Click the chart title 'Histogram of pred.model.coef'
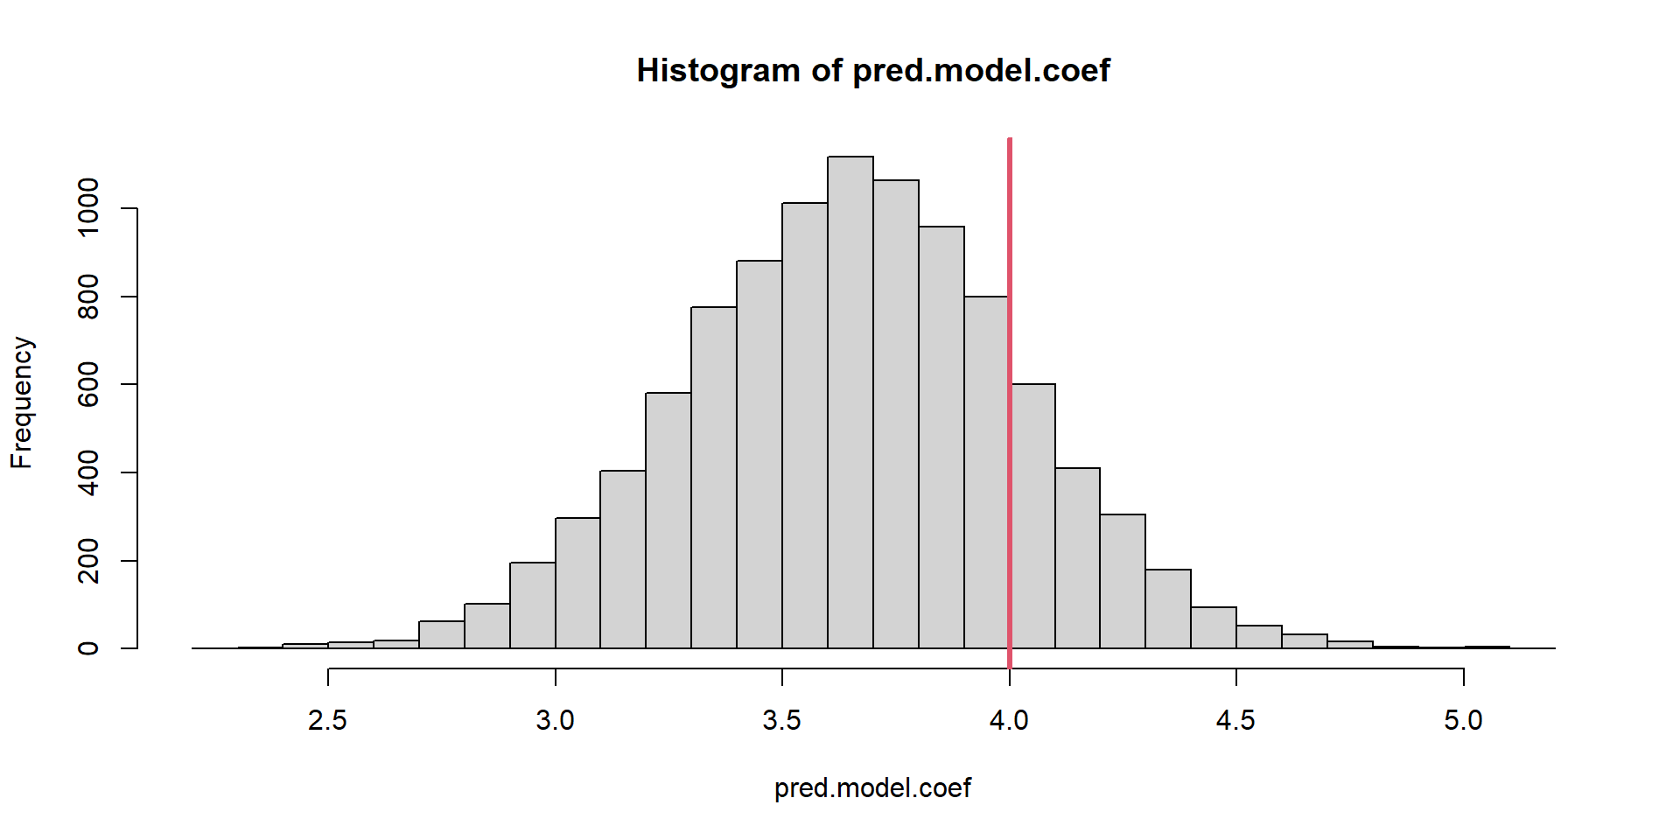[x=873, y=71]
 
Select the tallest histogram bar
[x=850, y=402]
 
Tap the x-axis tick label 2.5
[x=328, y=720]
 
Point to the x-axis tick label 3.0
[x=555, y=720]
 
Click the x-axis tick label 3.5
[x=782, y=720]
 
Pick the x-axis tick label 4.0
[x=1009, y=720]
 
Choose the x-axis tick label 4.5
[x=1235, y=720]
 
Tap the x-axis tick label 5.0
[x=1463, y=720]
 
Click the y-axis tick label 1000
[x=88, y=208]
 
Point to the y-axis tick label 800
[x=88, y=297]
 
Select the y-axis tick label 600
[x=88, y=384]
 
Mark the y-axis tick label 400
[x=88, y=472]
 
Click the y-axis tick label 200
[x=88, y=560]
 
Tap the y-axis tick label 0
[x=88, y=648]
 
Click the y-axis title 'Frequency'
[x=21, y=402]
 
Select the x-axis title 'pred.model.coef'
[x=872, y=788]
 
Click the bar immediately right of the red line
[x=1033, y=516]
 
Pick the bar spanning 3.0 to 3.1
[x=577, y=583]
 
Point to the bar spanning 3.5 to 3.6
[x=805, y=425]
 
